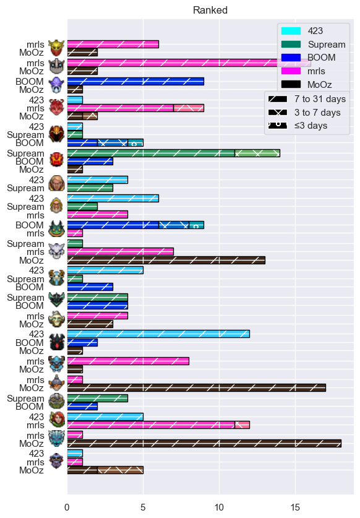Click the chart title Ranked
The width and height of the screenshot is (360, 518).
[x=210, y=11]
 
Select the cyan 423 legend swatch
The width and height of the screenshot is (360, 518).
[x=291, y=31]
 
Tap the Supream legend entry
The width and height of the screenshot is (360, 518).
[x=313, y=45]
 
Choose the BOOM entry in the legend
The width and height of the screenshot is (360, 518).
[x=309, y=58]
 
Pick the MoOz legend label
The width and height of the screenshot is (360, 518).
[x=320, y=85]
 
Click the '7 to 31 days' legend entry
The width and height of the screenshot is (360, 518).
[x=307, y=99]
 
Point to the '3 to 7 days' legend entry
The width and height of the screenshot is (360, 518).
[x=304, y=113]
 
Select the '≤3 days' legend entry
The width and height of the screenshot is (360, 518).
[x=298, y=126]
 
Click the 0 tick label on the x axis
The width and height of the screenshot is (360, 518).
[x=67, y=507]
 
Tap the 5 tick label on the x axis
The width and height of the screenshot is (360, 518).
[x=143, y=507]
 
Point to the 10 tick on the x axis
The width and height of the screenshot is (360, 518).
[x=219, y=507]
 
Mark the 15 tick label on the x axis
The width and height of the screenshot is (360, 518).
[x=295, y=507]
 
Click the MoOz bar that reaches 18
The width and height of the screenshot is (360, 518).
[x=204, y=443]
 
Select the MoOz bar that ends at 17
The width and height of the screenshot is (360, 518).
[x=197, y=388]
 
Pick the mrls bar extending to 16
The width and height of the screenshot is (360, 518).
[x=189, y=63]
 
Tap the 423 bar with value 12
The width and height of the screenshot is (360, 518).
[x=158, y=334]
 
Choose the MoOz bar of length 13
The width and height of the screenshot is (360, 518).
[x=166, y=261]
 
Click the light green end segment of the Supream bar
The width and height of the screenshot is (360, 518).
[x=257, y=153]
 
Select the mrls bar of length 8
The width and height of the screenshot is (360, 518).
[x=128, y=361]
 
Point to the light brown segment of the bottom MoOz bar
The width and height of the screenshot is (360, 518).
[x=121, y=470]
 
